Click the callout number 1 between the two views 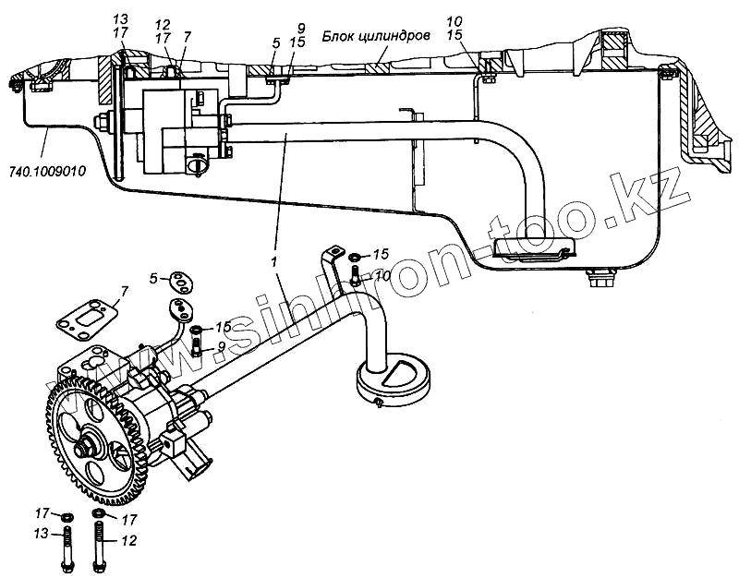click(x=274, y=263)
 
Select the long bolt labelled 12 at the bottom click(x=100, y=544)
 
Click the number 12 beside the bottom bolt click(x=128, y=541)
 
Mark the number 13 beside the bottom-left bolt click(x=41, y=535)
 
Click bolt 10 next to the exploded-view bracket click(x=357, y=273)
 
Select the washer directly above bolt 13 click(x=67, y=514)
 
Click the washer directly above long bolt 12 click(x=99, y=514)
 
